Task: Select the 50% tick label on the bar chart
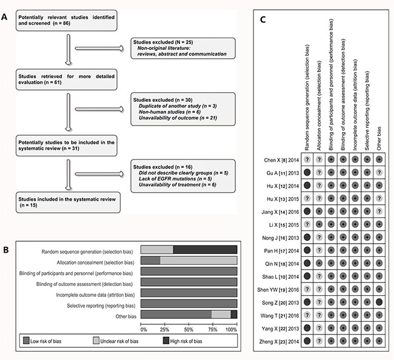tap(189, 330)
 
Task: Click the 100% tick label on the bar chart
tap(232, 330)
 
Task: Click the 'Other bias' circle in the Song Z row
tap(379, 302)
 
